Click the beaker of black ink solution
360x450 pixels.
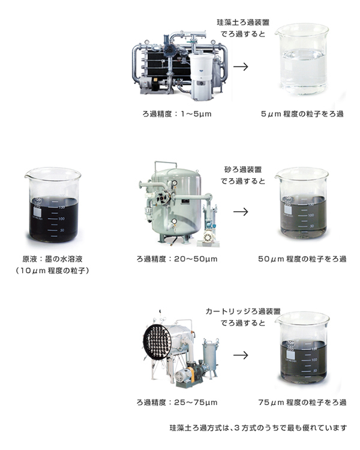53,205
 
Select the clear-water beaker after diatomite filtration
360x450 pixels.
302,59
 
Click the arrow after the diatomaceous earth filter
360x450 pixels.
241,67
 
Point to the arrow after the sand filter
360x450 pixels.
241,212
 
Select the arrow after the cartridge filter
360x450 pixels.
241,355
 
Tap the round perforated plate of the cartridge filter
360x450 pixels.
157,341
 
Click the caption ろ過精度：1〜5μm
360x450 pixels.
177,114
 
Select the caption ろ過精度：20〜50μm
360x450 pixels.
177,259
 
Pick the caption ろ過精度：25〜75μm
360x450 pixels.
177,403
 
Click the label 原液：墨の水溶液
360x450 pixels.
53,259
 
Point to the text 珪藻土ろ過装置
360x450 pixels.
243,22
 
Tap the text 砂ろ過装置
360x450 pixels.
243,170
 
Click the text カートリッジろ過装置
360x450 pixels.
243,311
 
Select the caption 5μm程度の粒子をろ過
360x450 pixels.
302,114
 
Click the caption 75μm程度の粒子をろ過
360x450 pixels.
302,403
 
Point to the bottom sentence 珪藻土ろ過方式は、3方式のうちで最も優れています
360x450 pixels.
258,428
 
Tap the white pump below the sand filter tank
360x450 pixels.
208,238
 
